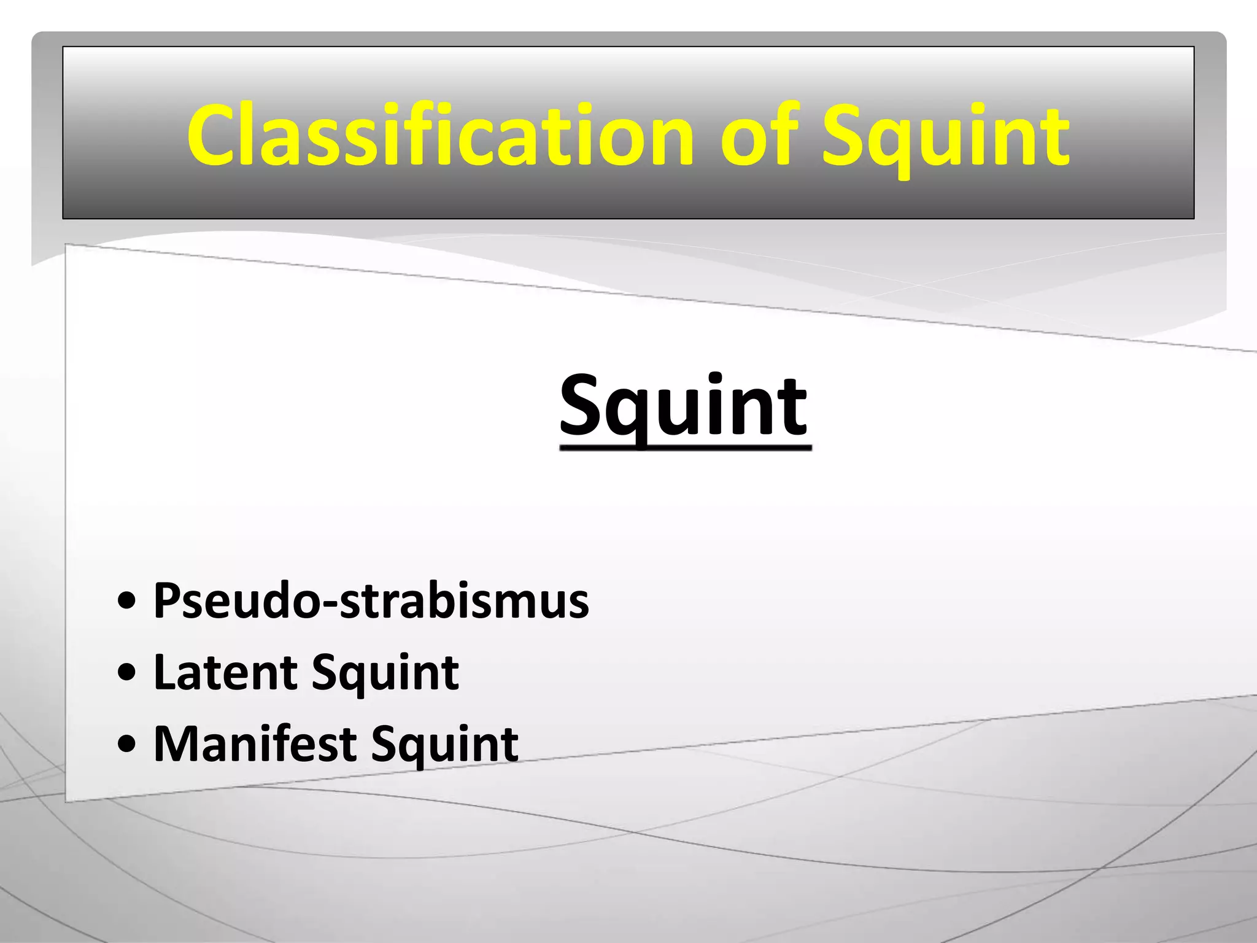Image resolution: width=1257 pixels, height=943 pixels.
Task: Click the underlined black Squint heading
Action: (684, 406)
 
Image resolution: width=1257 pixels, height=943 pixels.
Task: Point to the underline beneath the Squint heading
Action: (686, 448)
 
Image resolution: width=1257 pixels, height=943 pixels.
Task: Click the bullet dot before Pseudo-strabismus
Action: (126, 601)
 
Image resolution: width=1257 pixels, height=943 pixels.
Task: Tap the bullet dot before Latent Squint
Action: (126, 673)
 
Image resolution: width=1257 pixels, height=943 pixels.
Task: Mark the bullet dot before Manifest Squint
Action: (126, 745)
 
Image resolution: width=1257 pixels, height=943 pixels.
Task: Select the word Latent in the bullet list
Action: (226, 672)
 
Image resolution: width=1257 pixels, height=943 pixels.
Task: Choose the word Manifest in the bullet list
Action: (255, 744)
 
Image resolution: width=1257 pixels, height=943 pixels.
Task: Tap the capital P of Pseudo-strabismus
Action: (167, 600)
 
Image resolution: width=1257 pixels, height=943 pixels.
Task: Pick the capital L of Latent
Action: (164, 672)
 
